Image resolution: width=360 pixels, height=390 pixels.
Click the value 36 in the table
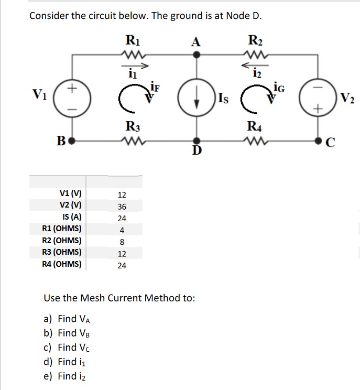coord(122,207)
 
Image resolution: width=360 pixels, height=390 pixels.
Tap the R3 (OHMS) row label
coord(61,252)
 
